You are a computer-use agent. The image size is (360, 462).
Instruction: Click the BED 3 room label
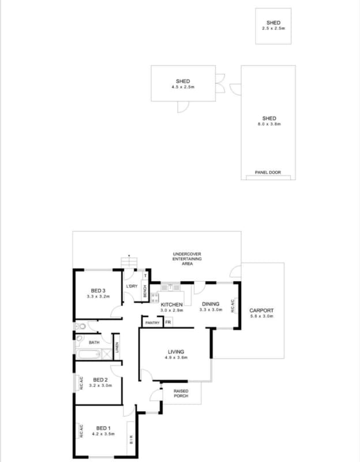point(97,290)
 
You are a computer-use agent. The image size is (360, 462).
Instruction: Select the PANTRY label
point(152,323)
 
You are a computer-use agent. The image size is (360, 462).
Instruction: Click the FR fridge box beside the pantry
point(168,323)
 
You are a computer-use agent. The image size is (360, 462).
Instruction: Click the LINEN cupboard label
point(117,347)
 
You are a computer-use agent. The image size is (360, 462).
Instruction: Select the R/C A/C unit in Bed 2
point(80,382)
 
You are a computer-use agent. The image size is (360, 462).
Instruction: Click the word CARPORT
point(261,310)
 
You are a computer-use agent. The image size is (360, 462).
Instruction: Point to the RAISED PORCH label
point(181,393)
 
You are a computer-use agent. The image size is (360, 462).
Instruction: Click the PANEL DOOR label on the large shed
point(268,173)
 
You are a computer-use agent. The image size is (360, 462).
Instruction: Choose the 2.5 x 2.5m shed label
point(273,28)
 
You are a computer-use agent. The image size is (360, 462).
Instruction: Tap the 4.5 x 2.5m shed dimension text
point(183,87)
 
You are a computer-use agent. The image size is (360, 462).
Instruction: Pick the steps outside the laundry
point(127,263)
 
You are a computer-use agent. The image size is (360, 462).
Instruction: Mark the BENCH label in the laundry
point(145,292)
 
